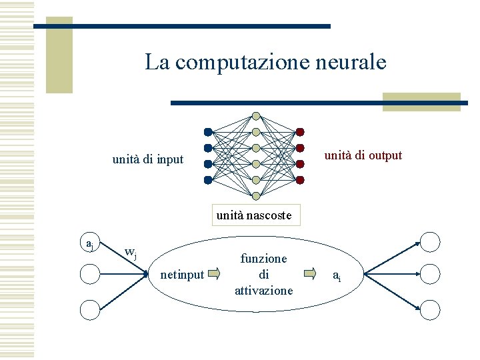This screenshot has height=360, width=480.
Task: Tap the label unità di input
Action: click(147, 159)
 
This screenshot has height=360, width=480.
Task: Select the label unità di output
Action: click(363, 155)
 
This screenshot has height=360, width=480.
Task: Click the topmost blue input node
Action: click(208, 132)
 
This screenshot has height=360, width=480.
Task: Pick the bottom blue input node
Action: click(208, 180)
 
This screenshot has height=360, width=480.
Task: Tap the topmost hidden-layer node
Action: click(256, 115)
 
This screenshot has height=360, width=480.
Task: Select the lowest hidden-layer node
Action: click(256, 195)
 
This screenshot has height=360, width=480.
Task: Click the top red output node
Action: click(300, 132)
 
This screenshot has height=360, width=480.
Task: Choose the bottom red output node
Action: click(300, 180)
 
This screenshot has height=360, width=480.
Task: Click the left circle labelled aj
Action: click(90, 244)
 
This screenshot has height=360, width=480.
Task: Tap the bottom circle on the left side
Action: click(90, 309)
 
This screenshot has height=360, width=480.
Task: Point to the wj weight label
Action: click(131, 253)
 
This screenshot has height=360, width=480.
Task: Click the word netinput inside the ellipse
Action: click(182, 274)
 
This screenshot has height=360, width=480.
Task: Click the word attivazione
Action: click(263, 290)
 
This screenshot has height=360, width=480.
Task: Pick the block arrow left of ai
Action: click(311, 273)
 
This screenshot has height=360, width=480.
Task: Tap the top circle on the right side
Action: click(430, 241)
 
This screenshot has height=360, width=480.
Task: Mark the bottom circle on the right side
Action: click(430, 309)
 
